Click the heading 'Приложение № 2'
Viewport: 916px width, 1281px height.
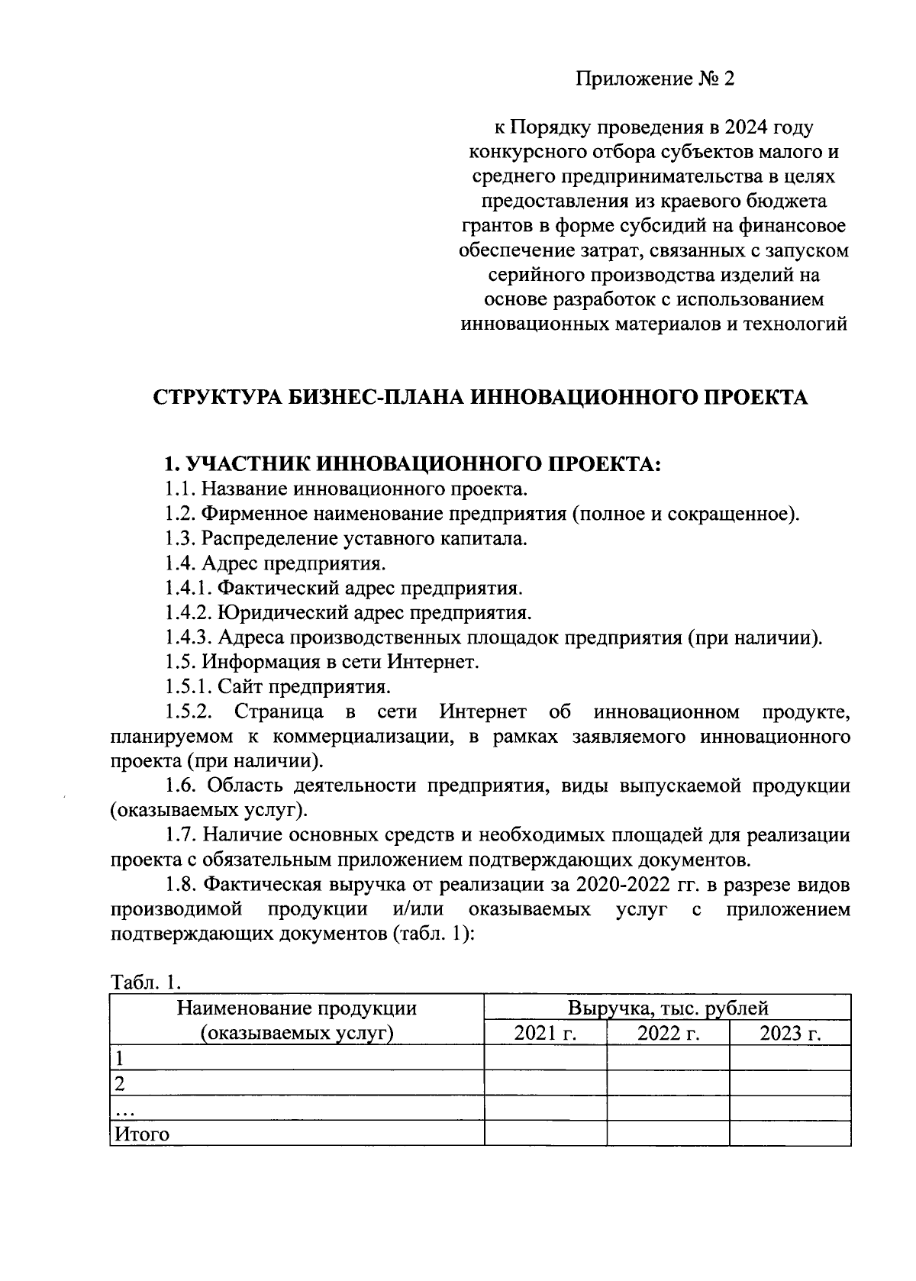tap(654, 79)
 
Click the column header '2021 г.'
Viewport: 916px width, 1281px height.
tap(545, 1034)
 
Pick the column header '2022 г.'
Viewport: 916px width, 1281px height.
tap(668, 1034)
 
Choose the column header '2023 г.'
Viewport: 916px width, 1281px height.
tap(790, 1034)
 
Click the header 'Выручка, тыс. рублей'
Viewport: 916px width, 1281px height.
tap(668, 1008)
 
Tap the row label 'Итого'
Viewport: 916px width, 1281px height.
tap(142, 1134)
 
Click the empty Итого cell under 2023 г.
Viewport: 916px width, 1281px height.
tap(790, 1134)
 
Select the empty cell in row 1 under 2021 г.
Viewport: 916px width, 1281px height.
tap(545, 1059)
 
